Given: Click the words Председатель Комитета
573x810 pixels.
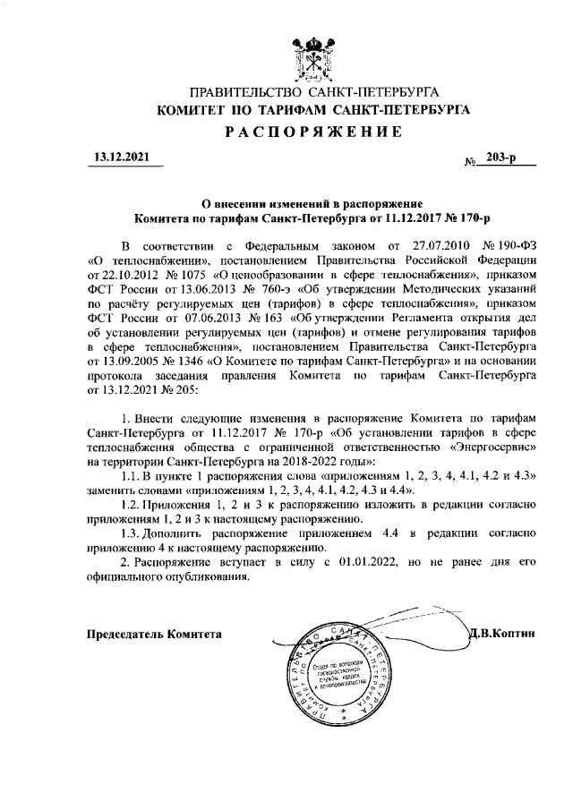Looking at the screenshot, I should point(153,634).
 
